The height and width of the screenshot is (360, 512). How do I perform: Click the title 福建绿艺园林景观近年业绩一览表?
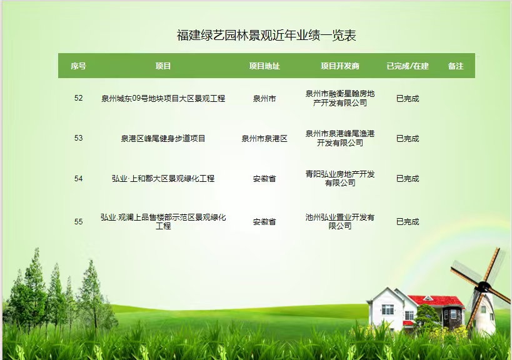[x=266, y=35]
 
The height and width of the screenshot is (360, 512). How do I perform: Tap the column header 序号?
[x=78, y=66]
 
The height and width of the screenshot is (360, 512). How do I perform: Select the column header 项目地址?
[x=264, y=66]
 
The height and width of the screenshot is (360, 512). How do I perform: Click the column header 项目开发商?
[x=340, y=66]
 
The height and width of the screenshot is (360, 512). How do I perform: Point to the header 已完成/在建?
[x=408, y=66]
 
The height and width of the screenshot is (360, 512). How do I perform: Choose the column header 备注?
[x=456, y=66]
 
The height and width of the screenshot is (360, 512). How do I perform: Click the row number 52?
[x=78, y=98]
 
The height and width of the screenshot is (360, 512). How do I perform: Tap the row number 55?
[x=78, y=222]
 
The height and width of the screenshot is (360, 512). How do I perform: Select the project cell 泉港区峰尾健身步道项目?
[x=163, y=138]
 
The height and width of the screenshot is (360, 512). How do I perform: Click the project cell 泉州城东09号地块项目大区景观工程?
[x=163, y=98]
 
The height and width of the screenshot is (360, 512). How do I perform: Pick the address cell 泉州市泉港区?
[x=264, y=138]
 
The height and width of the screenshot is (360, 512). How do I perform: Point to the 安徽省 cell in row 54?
[x=264, y=179]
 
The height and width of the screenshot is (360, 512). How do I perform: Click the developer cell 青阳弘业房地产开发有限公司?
[x=340, y=178]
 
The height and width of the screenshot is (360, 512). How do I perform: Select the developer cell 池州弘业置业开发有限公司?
[x=340, y=221]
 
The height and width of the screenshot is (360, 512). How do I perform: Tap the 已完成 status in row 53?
[x=408, y=138]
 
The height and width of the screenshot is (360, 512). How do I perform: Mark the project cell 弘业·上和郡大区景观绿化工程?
[x=163, y=178]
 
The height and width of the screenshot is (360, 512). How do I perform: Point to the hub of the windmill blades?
[x=483, y=287]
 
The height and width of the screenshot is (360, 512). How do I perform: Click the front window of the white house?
[x=388, y=309]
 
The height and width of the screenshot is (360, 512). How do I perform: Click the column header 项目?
[x=163, y=66]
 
